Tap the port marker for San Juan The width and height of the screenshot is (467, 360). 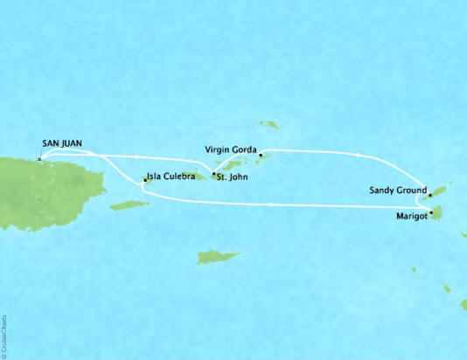coord(39,160)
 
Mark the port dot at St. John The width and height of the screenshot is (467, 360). coord(213,174)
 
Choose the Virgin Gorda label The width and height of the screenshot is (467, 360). coord(231,149)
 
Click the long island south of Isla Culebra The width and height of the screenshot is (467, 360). coord(129,205)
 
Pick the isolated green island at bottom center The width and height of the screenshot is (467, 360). coord(218,257)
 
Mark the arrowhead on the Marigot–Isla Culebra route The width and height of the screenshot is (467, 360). coord(273,206)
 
